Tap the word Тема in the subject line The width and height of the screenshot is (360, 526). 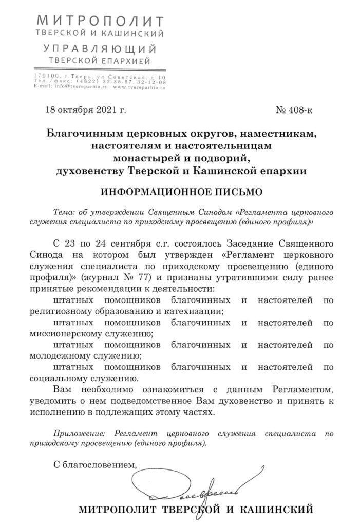pyautogui.click(x=64, y=212)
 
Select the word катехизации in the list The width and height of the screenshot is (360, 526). pyautogui.click(x=198, y=311)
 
